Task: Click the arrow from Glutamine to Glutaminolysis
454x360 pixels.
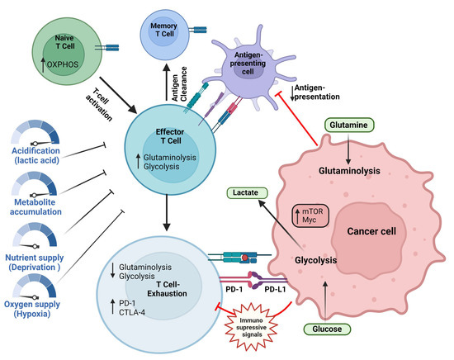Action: pyautogui.click(x=349, y=144)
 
